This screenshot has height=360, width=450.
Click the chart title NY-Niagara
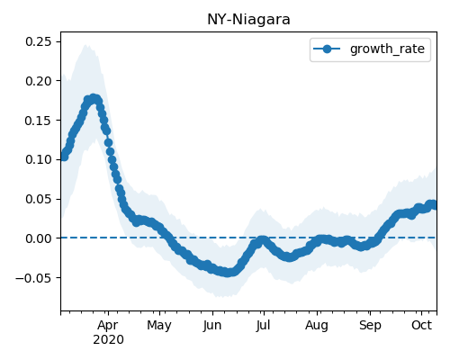[248, 20]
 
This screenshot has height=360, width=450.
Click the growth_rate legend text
[387, 49]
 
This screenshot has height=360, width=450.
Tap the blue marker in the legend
[327, 49]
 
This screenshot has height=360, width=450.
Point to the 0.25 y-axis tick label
[39, 41]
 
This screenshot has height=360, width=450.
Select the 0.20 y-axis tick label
[39, 81]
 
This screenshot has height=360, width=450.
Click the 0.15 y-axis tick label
[39, 121]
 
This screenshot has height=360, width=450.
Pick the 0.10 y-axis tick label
[39, 159]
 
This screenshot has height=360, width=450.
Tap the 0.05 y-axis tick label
[39, 199]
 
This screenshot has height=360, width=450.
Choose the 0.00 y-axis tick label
[39, 238]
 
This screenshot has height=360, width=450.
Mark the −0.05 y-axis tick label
[34, 278]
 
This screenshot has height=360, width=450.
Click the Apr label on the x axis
[108, 326]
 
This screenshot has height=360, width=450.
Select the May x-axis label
[159, 326]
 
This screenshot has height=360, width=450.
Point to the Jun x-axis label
[212, 326]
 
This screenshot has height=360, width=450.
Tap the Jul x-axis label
[263, 326]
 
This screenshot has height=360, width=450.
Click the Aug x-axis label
[317, 326]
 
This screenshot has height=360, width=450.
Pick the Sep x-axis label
[370, 326]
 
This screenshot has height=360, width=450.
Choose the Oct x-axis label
[421, 325]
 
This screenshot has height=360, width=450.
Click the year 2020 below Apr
[108, 340]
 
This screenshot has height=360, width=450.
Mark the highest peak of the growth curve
[94, 98]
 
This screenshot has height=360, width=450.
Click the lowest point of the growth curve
[228, 273]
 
